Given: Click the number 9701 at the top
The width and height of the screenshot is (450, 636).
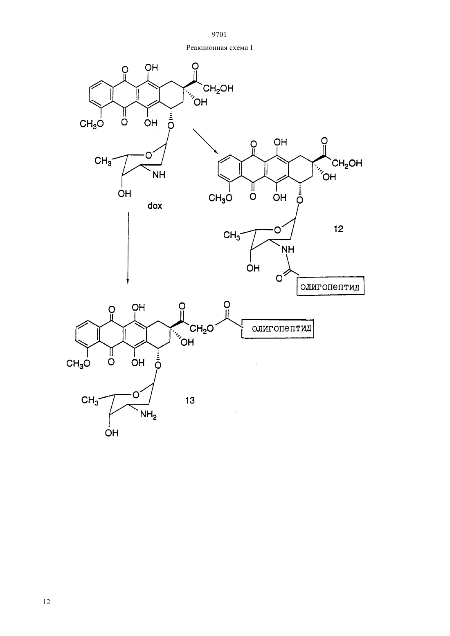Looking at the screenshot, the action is point(219,35).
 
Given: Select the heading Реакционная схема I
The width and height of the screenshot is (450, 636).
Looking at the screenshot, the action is point(219,48).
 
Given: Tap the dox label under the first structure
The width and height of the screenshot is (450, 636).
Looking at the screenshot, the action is point(155,206).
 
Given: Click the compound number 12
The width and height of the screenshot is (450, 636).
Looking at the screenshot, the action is point(338,228).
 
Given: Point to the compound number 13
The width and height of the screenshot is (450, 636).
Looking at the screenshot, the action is point(190,400).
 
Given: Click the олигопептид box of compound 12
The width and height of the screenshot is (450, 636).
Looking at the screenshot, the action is point(331,286).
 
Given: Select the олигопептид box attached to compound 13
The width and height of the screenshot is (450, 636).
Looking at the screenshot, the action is point(277,329).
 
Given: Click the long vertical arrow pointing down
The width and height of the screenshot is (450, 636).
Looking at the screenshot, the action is point(128,248).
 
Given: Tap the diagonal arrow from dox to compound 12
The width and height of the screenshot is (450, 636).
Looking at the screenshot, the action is point(205,141).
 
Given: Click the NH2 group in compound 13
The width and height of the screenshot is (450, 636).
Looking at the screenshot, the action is point(148,415).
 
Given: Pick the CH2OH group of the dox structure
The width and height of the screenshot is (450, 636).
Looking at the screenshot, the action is point(218,89).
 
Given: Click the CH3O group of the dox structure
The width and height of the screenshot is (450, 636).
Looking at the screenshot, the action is point(92,124).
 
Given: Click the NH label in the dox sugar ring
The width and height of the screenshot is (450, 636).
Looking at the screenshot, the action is point(159,175).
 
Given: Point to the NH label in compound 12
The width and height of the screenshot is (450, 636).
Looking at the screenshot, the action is point(288,250).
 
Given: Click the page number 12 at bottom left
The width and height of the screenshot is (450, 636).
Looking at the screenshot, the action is point(47,602).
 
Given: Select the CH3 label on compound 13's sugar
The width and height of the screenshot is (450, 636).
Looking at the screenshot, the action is point(90,401).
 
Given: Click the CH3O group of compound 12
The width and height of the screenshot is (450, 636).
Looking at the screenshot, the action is point(220,198).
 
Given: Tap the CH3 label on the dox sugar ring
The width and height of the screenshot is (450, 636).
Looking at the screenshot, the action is point(103,161).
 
